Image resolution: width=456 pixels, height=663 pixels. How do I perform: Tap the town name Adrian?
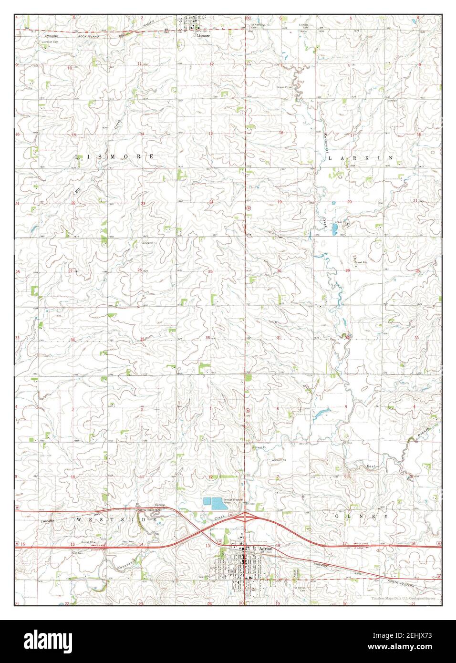point(265,549)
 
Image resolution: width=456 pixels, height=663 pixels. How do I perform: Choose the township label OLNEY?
point(362,517)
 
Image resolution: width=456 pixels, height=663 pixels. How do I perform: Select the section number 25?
point(210,271)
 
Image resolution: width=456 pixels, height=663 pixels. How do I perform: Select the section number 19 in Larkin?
point(280,202)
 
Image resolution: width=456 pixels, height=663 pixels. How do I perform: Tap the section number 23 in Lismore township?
point(143,204)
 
